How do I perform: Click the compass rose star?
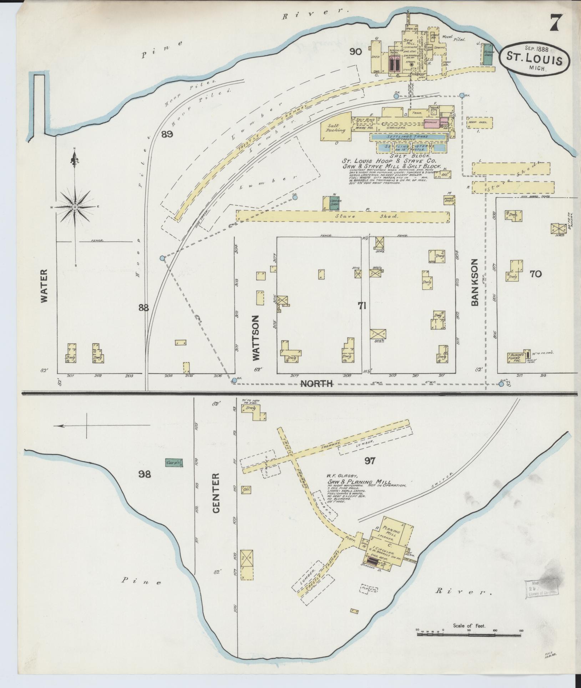coord(75,207)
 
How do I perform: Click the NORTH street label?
coord(317,383)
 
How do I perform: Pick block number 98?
coord(145,474)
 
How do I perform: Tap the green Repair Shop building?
coord(488,55)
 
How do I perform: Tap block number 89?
coord(167,134)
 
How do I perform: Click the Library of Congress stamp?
coord(541,588)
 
